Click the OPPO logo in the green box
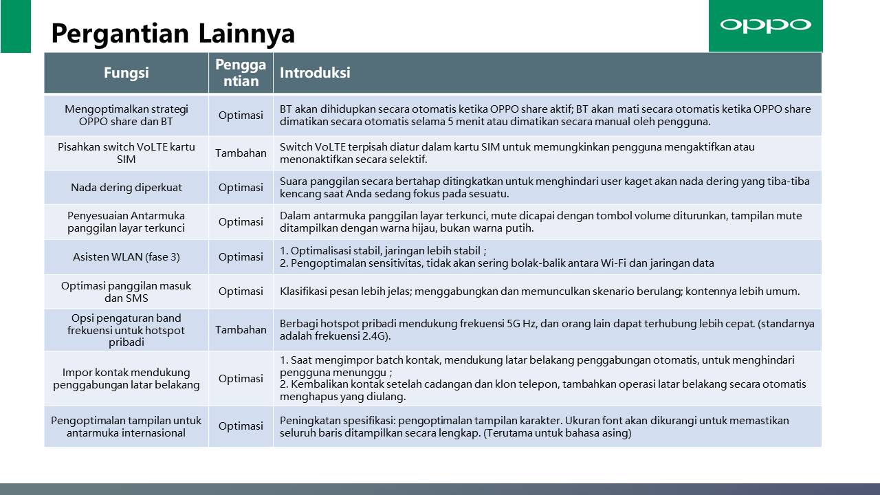tap(765, 25)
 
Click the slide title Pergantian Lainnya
tap(173, 32)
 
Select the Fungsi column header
tap(126, 73)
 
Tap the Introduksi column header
tap(315, 73)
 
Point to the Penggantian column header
tap(241, 73)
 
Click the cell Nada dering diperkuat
tap(126, 188)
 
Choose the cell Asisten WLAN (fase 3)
tap(126, 257)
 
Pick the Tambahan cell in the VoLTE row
tap(241, 153)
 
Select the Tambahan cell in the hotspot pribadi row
tap(241, 330)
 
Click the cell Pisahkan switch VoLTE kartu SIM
tap(126, 153)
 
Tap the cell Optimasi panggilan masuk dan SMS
tap(126, 291)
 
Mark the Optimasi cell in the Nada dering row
tap(241, 188)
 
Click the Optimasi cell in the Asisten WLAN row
tap(241, 257)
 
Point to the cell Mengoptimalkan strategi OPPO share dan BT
tap(126, 115)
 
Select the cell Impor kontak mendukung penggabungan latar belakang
tap(126, 379)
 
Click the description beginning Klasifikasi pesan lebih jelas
tap(540, 291)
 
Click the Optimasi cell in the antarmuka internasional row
tap(241, 426)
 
